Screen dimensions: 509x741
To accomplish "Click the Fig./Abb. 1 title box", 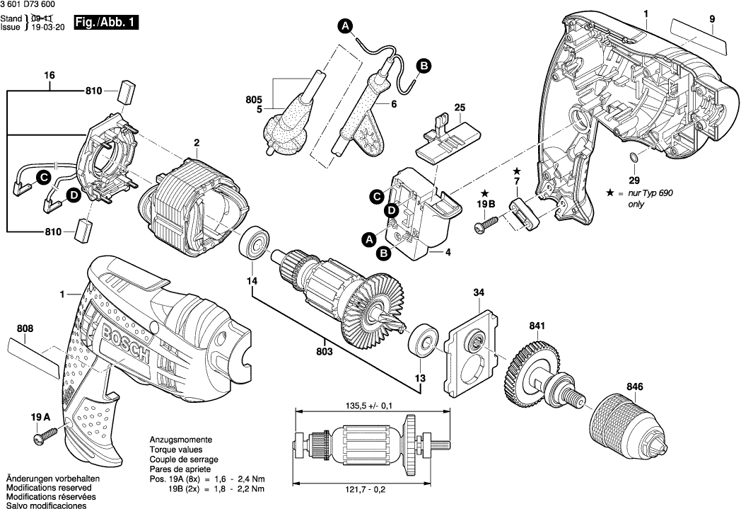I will [x=110, y=23].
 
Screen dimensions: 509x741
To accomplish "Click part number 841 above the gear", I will [x=538, y=326].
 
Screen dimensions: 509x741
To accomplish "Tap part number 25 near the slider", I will [x=460, y=108].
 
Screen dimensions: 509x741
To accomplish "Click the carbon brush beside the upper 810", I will [x=129, y=91].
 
